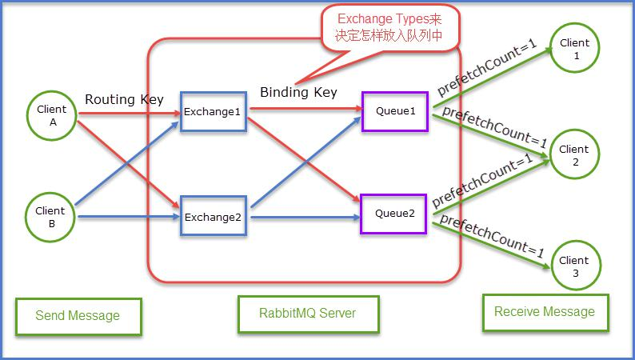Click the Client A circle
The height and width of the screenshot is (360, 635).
pyautogui.click(x=51, y=115)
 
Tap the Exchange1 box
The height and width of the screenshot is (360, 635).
pyautogui.click(x=213, y=112)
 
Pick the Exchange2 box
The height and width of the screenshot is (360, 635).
pyautogui.click(x=213, y=217)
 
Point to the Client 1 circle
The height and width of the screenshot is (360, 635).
pyautogui.click(x=574, y=49)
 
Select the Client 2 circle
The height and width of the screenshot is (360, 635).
pyautogui.click(x=574, y=155)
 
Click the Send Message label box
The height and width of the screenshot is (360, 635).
pyautogui.click(x=78, y=316)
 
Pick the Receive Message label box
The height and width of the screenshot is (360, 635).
pyautogui.click(x=545, y=312)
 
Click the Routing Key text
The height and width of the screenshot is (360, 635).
pyautogui.click(x=124, y=100)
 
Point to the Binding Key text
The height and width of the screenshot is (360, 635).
pyautogui.click(x=298, y=92)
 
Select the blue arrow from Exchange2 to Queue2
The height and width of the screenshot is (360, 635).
pyautogui.click(x=304, y=216)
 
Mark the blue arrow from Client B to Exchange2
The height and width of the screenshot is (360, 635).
pyautogui.click(x=128, y=216)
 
